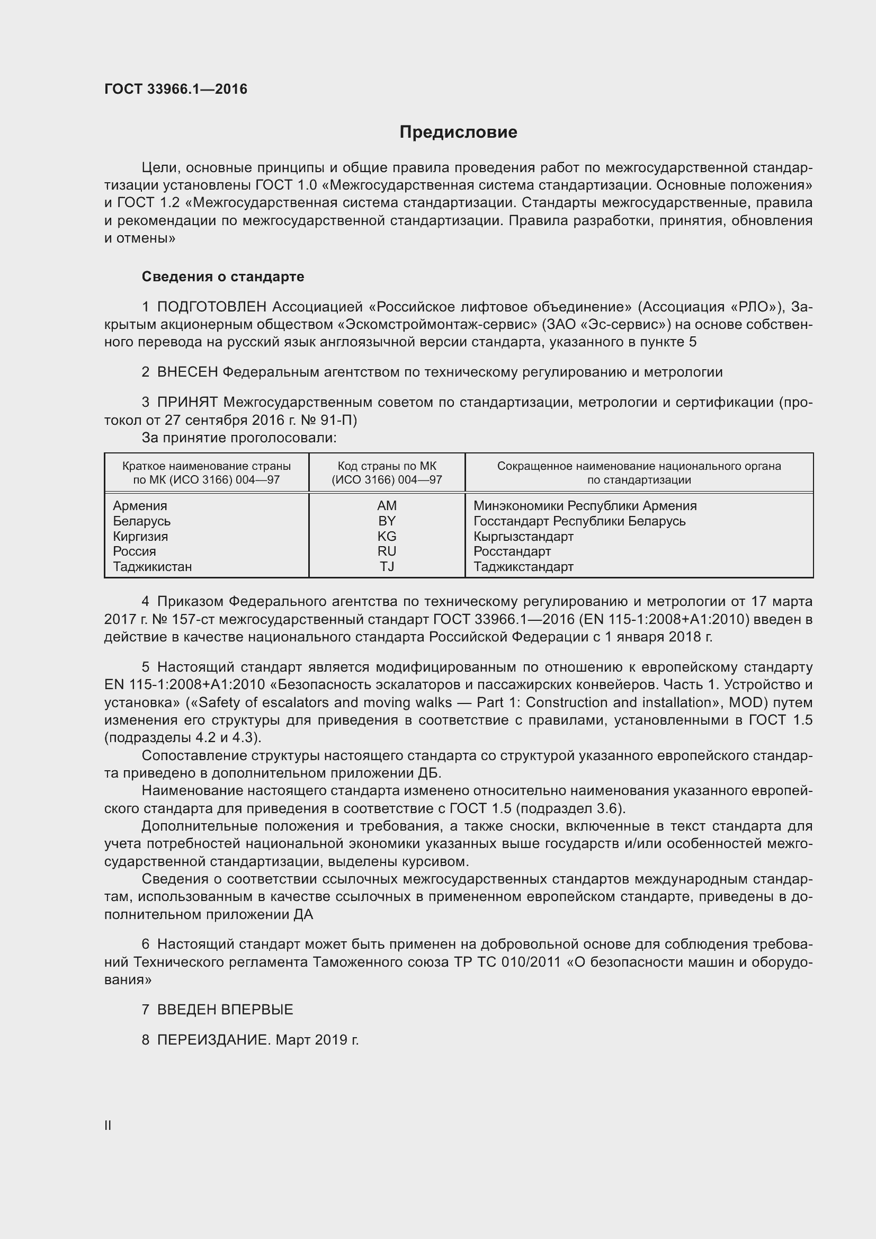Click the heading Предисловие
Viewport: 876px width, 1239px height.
pos(458,132)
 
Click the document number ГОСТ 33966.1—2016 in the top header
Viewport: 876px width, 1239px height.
pos(176,89)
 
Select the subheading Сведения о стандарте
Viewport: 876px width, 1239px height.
pos(223,277)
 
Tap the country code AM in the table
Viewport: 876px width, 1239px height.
pos(387,506)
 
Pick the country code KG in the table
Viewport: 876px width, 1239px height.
pos(387,537)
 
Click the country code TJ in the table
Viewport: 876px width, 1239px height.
pos(387,567)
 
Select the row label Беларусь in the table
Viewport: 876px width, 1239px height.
pos(141,521)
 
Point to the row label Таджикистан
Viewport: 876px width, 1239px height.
pos(152,567)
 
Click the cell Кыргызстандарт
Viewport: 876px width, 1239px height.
pos(523,537)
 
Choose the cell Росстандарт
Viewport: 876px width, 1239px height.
pos(512,551)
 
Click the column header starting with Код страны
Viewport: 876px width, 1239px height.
pos(387,473)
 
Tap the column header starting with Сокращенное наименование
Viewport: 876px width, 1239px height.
pos(639,473)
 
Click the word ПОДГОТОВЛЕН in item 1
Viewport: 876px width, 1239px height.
pos(211,307)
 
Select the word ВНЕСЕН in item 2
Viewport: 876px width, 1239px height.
pos(187,372)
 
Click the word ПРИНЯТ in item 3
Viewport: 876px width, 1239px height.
pos(187,402)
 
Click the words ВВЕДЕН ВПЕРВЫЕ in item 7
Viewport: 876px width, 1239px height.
pos(225,1010)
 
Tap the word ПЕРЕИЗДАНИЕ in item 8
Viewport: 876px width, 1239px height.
pos(212,1040)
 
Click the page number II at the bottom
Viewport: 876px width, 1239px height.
pos(108,1125)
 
